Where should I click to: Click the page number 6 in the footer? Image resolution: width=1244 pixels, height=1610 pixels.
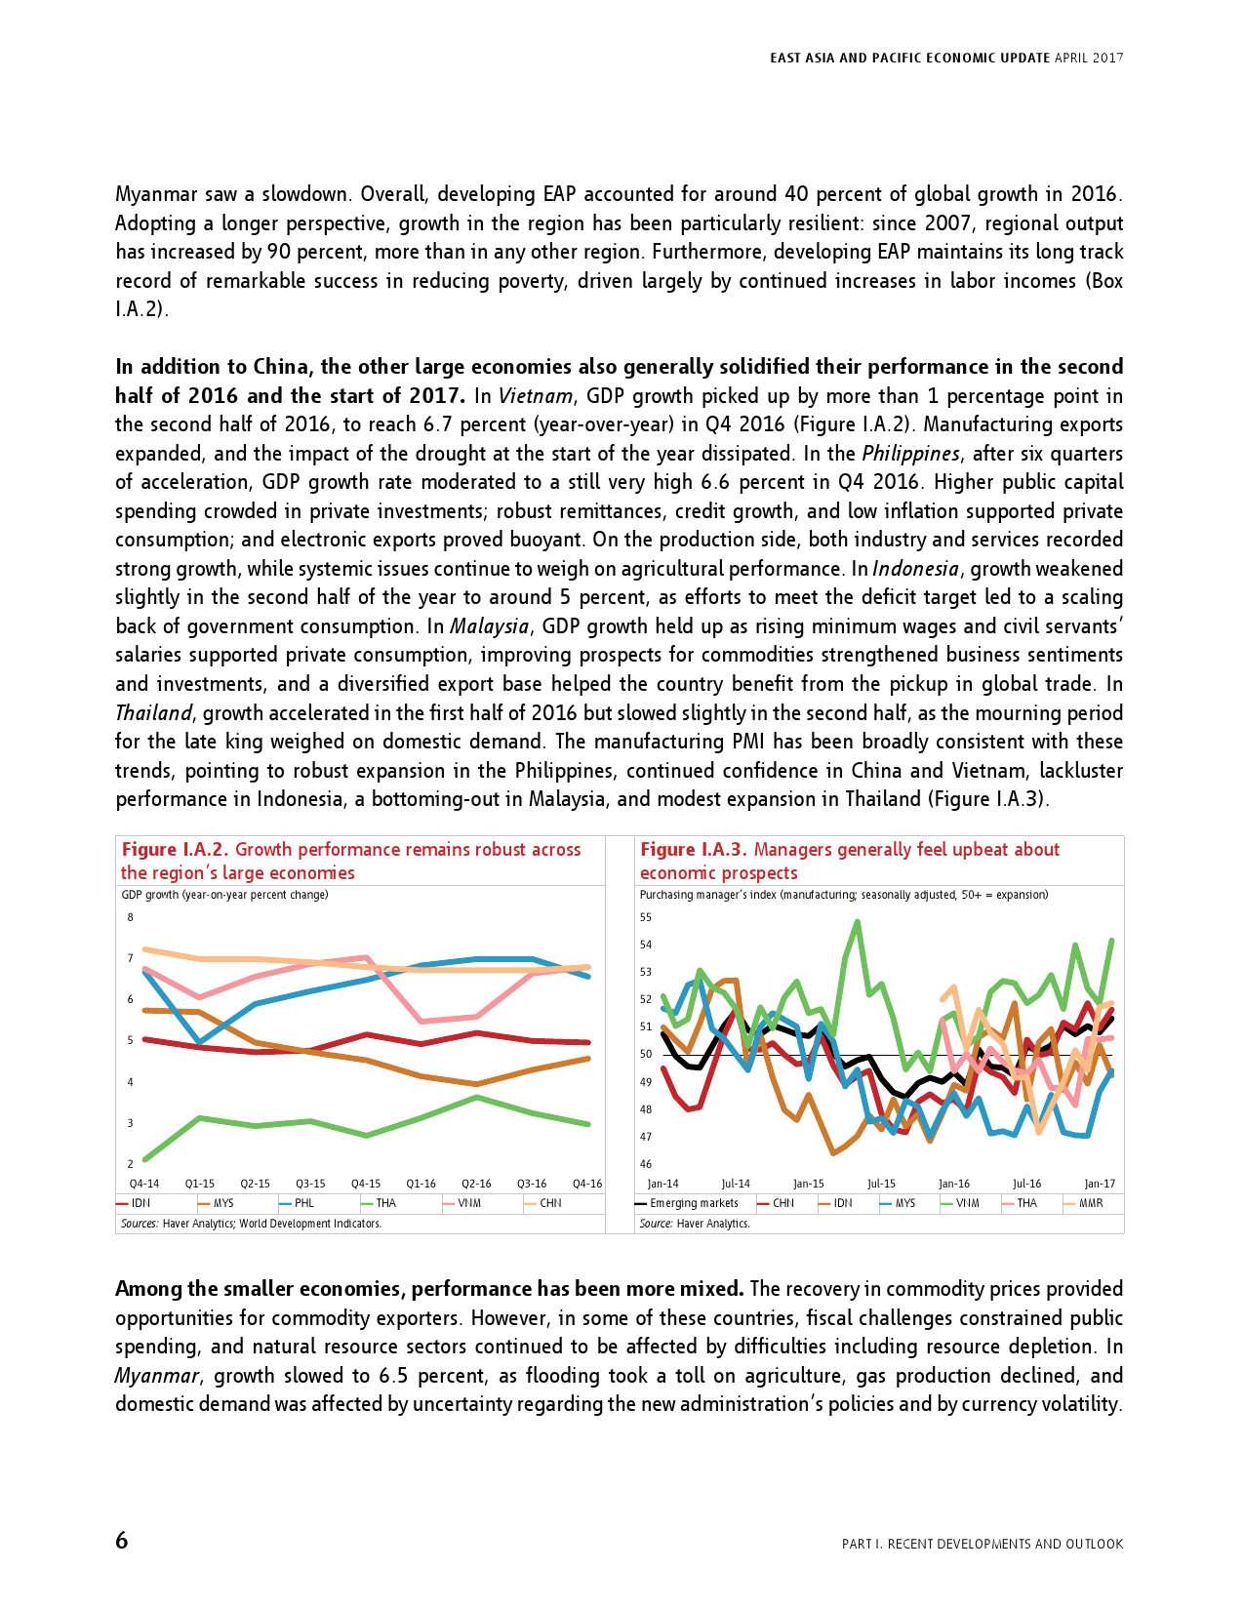122,1541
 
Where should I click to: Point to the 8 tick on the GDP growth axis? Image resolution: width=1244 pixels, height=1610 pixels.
131,917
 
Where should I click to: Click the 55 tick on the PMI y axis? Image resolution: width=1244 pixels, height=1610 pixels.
646,917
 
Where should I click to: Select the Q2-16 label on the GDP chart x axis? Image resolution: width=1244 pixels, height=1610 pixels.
476,1184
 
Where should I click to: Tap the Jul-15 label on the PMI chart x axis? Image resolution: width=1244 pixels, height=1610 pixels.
881,1184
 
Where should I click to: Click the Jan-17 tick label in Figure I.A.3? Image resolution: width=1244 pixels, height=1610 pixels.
1100,1184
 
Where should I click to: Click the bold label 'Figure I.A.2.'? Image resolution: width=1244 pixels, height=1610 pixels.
175,850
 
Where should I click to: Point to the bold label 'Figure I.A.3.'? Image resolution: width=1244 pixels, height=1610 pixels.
694,850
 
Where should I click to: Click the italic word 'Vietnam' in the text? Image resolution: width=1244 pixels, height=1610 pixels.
536,396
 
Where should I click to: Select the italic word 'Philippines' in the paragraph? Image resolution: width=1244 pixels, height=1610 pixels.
911,454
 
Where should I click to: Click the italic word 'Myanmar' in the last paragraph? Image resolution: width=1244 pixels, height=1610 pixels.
157,1376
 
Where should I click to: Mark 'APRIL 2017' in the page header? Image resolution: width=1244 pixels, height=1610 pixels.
1089,58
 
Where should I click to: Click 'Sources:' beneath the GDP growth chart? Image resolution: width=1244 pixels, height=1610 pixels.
140,1224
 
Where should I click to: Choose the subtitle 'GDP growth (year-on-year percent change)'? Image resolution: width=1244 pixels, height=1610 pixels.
224,895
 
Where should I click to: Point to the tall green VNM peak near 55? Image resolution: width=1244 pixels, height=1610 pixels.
858,921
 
